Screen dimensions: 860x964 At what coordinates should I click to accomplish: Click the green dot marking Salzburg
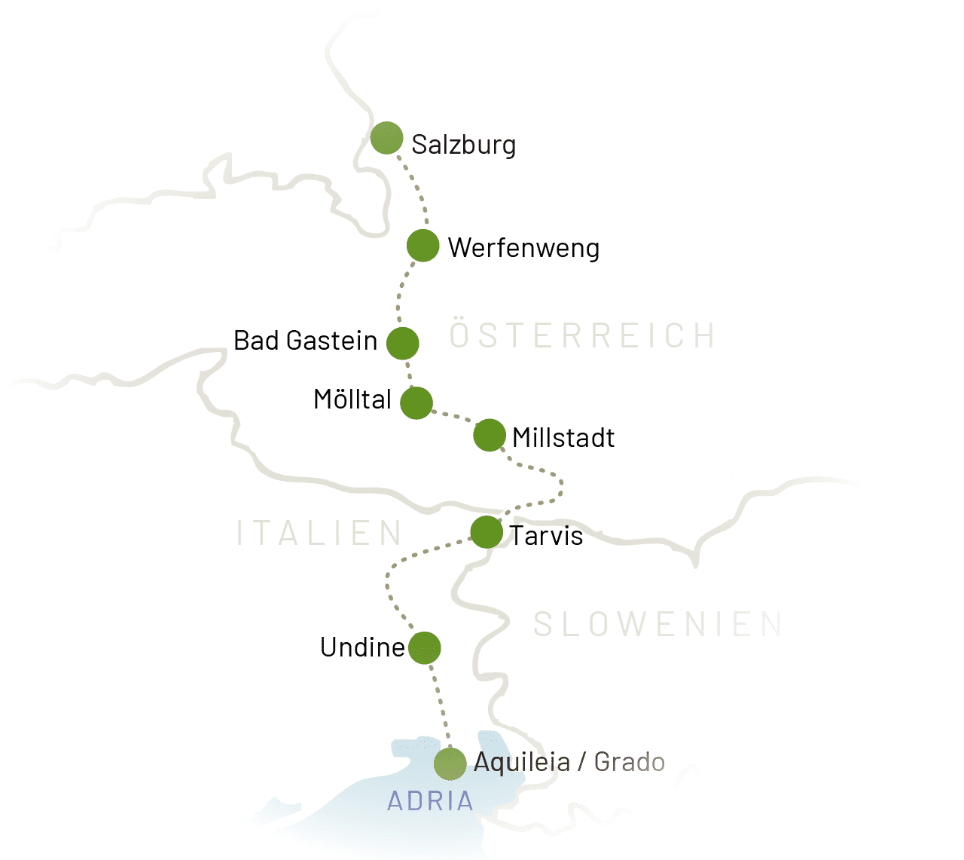pyautogui.click(x=386, y=138)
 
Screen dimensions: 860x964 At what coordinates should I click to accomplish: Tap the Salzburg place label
pyautogui.click(x=463, y=144)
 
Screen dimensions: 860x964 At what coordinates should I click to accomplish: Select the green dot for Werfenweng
pyautogui.click(x=423, y=246)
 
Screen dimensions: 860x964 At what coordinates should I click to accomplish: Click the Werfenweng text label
pyautogui.click(x=523, y=248)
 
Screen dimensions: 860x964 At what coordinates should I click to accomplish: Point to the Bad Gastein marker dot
pyautogui.click(x=402, y=342)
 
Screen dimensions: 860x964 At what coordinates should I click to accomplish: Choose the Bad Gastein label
pyautogui.click(x=305, y=341)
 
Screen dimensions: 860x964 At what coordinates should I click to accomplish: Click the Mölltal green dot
pyautogui.click(x=416, y=402)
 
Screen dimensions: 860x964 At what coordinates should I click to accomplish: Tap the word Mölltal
pyautogui.click(x=352, y=399)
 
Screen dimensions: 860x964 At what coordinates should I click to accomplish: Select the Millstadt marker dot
pyautogui.click(x=489, y=435)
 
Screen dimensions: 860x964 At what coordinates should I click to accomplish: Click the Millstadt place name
pyautogui.click(x=563, y=438)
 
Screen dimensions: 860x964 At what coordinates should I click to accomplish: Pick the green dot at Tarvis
pyautogui.click(x=486, y=532)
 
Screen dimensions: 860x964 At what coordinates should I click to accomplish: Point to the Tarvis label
pyautogui.click(x=547, y=536)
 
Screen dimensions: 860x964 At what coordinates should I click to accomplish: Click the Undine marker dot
pyautogui.click(x=425, y=647)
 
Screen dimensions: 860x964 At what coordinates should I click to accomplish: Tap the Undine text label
pyautogui.click(x=362, y=647)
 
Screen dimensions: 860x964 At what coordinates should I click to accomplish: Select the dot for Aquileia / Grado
pyautogui.click(x=450, y=764)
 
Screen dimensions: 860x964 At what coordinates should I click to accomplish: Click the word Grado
pyautogui.click(x=629, y=762)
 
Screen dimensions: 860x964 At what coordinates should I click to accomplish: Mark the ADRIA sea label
pyautogui.click(x=430, y=800)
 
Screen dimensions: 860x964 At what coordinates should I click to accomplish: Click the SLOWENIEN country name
pyautogui.click(x=657, y=625)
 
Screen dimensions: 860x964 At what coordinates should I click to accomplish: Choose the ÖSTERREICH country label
pyautogui.click(x=581, y=336)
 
